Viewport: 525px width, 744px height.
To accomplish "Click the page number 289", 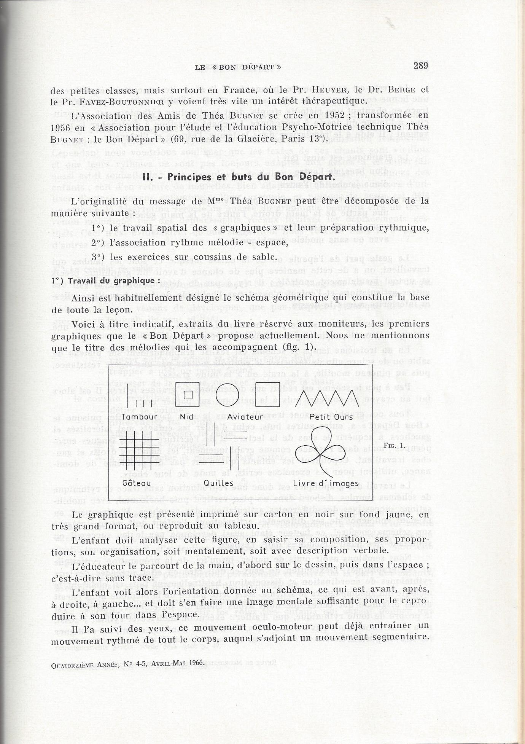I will click(421, 65).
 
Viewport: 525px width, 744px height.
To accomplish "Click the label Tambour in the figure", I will click(140, 417).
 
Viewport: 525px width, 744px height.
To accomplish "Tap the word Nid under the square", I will click(186, 417).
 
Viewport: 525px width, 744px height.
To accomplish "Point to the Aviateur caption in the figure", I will click(240, 417).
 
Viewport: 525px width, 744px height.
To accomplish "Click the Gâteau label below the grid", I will click(134, 483).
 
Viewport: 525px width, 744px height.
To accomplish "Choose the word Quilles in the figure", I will click(219, 483).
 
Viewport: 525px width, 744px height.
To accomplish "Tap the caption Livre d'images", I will click(326, 484).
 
